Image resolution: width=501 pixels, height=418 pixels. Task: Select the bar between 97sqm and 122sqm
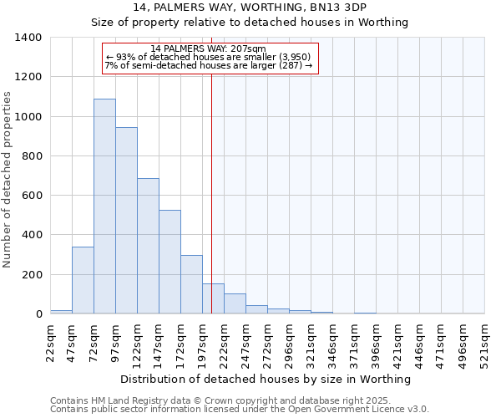pyautogui.click(x=126, y=221)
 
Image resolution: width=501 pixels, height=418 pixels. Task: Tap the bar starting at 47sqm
pyautogui.click(x=83, y=280)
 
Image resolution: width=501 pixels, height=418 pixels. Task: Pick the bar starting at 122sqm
pyautogui.click(x=148, y=246)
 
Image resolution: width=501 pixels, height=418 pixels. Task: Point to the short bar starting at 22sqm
pyautogui.click(x=61, y=312)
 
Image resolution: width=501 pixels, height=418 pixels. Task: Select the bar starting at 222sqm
pyautogui.click(x=235, y=304)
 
